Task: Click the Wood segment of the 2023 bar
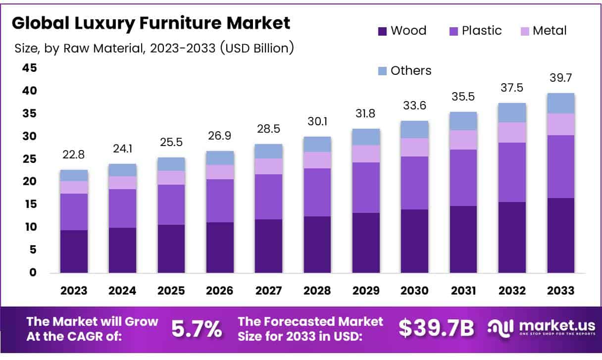click(74, 251)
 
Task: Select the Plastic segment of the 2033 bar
click(560, 166)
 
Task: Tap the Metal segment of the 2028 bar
click(317, 160)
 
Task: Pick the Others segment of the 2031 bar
click(463, 121)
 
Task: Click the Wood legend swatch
click(382, 31)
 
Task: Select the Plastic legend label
click(481, 31)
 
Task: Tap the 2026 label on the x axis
click(220, 291)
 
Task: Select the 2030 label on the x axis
click(414, 291)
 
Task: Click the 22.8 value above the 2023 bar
click(74, 154)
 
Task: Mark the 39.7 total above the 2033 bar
click(560, 78)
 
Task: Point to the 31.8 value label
click(366, 113)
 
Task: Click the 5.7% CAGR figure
click(197, 328)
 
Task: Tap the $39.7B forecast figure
click(436, 328)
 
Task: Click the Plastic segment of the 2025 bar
click(171, 205)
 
